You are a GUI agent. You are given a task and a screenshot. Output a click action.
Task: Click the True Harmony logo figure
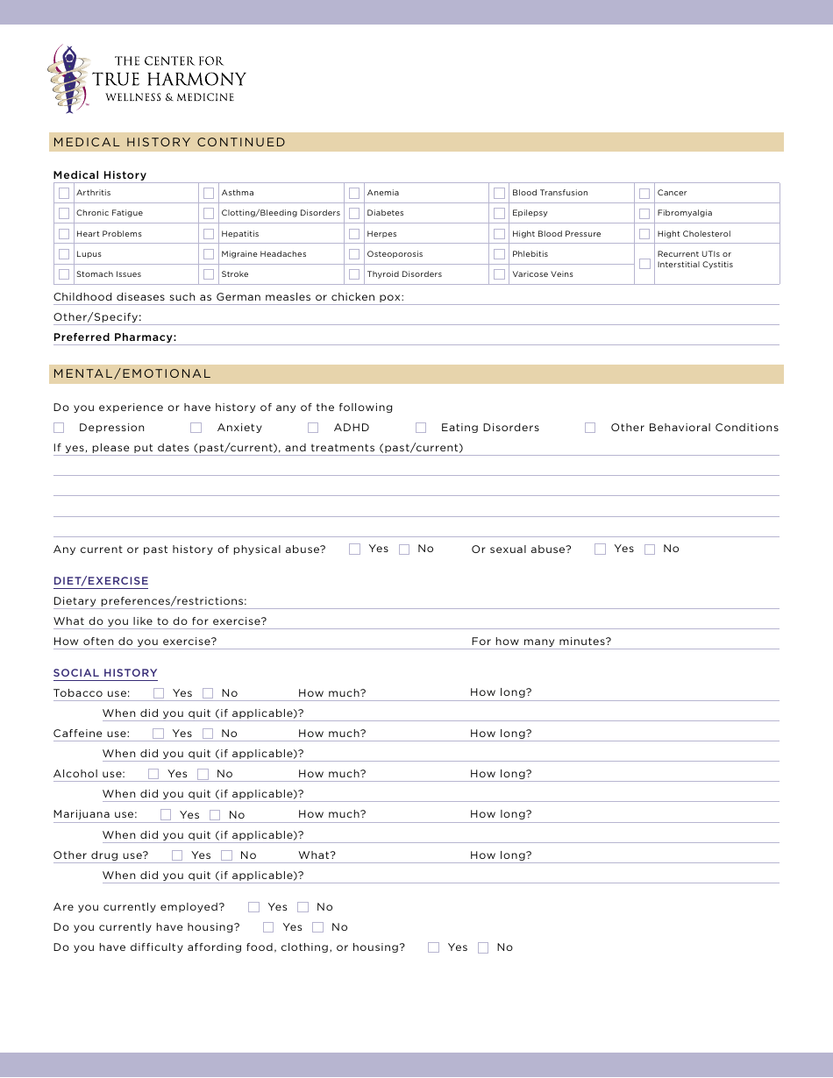[69, 79]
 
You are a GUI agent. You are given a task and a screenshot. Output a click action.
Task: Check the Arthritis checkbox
[64, 193]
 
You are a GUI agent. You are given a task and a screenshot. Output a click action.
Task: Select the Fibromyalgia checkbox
[644, 213]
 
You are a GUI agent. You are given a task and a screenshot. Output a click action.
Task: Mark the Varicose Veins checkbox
[499, 274]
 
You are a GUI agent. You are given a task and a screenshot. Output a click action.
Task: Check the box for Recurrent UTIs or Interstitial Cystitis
[644, 264]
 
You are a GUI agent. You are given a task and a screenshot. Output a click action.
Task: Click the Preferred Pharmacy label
[115, 337]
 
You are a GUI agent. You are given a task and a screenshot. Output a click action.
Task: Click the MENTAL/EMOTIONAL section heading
[132, 373]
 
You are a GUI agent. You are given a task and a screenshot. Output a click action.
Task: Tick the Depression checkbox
[59, 428]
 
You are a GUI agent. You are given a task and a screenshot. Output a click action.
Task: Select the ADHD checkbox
[313, 428]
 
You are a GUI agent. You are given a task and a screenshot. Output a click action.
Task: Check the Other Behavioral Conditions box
[590, 428]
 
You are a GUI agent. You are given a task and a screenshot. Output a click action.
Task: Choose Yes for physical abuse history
[355, 550]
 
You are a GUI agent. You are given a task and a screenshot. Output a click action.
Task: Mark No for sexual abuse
[650, 550]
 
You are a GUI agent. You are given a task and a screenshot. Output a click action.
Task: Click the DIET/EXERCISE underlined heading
[101, 581]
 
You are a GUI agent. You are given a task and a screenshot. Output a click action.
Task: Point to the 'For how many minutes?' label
[541, 642]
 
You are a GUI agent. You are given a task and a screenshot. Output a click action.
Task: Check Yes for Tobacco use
[159, 693]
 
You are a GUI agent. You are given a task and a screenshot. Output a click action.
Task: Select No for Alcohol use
[203, 774]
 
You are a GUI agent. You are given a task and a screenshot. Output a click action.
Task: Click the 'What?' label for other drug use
[317, 855]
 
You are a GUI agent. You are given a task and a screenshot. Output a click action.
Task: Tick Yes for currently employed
[254, 907]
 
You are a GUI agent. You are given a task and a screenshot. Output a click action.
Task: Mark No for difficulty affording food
[483, 947]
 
